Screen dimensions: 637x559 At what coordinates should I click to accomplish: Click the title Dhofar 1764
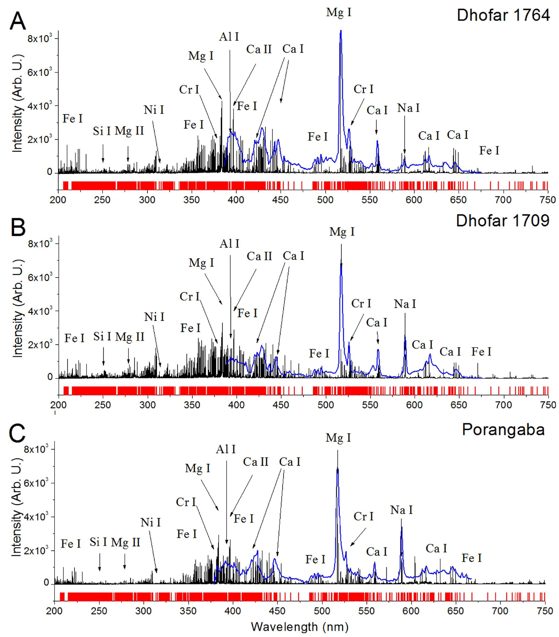[503, 15]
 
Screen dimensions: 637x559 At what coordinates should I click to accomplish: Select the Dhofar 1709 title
[502, 221]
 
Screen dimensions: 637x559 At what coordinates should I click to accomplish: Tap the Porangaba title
[503, 429]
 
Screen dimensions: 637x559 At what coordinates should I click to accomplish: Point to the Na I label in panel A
[408, 108]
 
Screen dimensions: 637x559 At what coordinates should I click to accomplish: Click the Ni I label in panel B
[154, 317]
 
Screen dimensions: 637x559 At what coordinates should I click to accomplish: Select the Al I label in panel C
[226, 449]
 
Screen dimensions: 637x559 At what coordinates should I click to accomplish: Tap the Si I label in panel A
[102, 131]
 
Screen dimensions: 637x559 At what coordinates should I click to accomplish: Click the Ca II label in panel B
[259, 256]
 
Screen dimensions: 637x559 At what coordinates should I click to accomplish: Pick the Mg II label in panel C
[125, 543]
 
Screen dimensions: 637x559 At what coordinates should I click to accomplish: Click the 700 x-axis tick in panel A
[503, 200]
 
